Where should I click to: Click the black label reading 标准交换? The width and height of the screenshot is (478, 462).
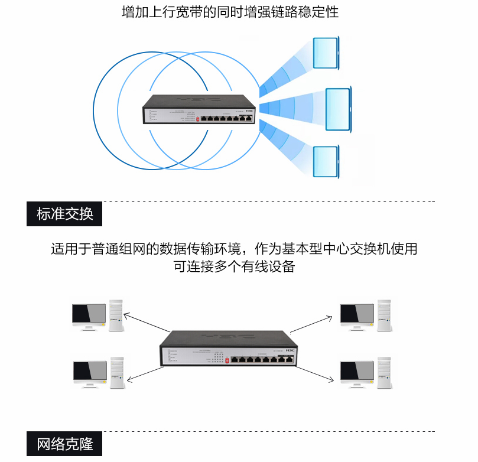pyautogui.click(x=64, y=214)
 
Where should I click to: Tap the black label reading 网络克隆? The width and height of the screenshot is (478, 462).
pyautogui.click(x=64, y=444)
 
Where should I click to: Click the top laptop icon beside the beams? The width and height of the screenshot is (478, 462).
pyautogui.click(x=326, y=53)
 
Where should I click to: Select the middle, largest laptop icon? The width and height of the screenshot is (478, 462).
pyautogui.click(x=339, y=109)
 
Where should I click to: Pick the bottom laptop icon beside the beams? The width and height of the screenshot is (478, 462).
pyautogui.click(x=326, y=161)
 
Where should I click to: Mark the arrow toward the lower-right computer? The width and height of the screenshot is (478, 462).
pyautogui.click(x=315, y=375)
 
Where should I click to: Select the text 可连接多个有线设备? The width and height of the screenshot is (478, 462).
pyautogui.click(x=234, y=266)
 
